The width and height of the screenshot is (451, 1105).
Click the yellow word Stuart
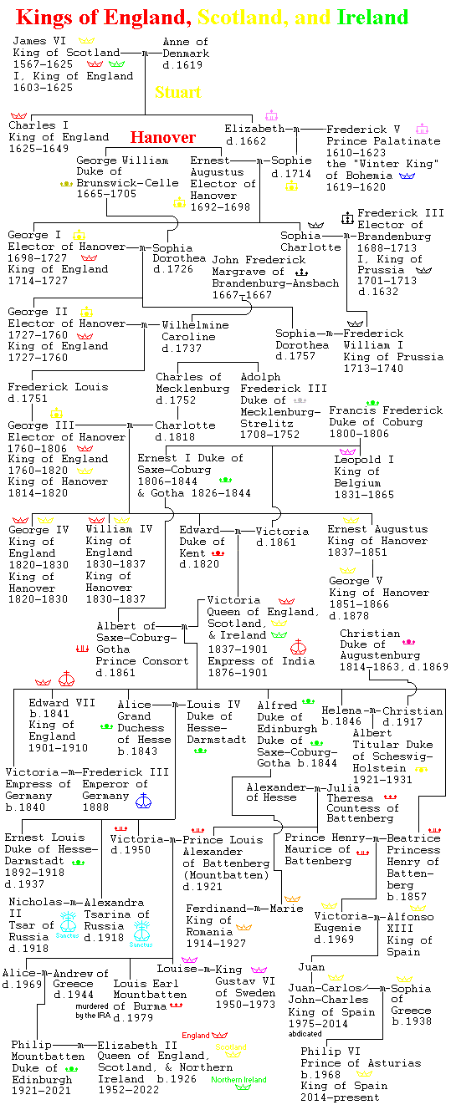tap(178, 92)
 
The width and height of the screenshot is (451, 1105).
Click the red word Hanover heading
tap(163, 137)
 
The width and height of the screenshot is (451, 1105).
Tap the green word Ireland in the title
tap(372, 18)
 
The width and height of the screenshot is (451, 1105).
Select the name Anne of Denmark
tap(186, 48)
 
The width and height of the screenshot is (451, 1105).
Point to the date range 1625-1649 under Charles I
tap(38, 149)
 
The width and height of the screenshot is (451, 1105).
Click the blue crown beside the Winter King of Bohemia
tap(407, 176)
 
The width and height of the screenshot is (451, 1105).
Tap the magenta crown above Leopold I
tap(348, 451)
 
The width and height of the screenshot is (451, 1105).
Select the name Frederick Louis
tap(58, 387)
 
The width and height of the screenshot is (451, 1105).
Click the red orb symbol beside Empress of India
tap(299, 647)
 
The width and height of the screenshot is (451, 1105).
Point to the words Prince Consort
tap(142, 661)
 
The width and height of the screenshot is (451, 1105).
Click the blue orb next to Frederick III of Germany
tap(143, 801)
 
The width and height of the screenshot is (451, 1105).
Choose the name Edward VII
tap(62, 702)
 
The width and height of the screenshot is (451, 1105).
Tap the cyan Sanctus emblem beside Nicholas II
tap(68, 924)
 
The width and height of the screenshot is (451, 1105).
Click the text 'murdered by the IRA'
tap(92, 1011)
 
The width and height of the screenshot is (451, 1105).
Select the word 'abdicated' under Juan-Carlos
tap(305, 1033)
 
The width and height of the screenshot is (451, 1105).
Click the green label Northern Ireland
tap(238, 1079)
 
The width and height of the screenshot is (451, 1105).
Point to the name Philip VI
tap(331, 1052)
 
